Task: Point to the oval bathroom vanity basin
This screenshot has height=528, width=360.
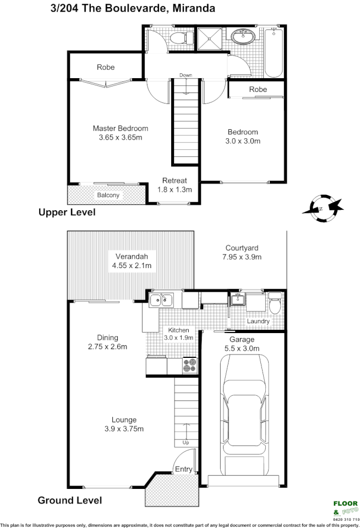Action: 243,37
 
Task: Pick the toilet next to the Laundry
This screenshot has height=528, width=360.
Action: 275,304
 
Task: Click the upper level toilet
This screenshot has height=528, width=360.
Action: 181,38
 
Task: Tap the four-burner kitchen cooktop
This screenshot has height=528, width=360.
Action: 189,366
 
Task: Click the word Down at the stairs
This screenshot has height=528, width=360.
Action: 186,75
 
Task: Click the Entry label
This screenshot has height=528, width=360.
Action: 183,469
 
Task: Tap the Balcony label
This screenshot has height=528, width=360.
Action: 108,195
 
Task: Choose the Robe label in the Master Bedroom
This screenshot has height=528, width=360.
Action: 106,67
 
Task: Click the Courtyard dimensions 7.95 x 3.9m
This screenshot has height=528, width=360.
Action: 242,257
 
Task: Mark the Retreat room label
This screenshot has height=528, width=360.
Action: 174,180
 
